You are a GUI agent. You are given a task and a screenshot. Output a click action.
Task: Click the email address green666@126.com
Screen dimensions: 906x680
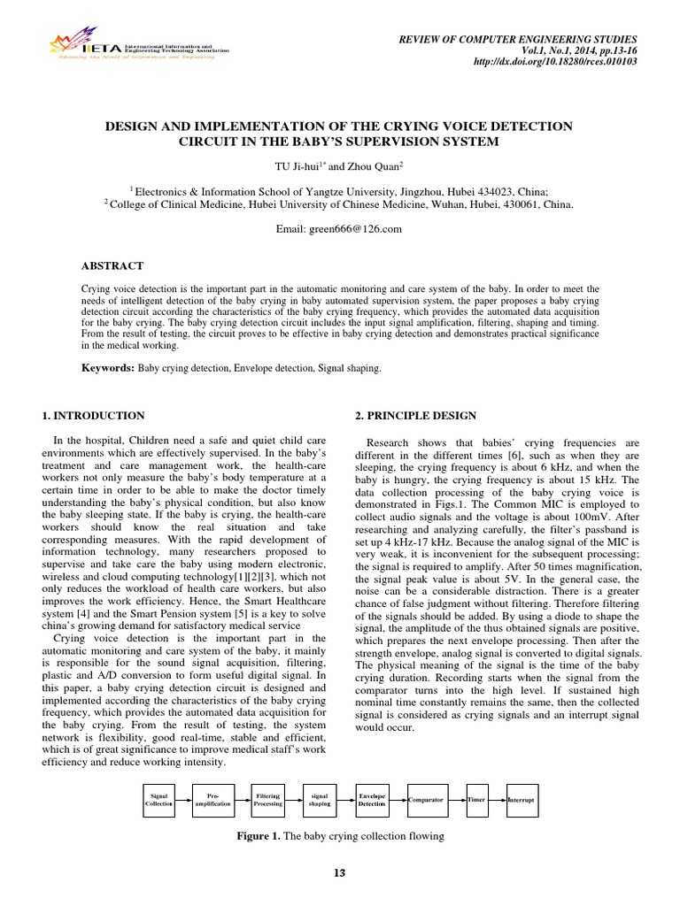point(339,229)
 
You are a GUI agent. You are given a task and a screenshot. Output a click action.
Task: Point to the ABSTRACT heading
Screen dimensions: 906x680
point(112,265)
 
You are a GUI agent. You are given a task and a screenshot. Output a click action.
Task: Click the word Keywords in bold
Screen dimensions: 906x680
point(108,365)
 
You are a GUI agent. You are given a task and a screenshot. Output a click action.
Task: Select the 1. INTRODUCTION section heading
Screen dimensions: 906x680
point(94,415)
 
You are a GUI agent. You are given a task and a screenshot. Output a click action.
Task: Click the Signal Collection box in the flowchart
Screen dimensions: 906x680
point(159,799)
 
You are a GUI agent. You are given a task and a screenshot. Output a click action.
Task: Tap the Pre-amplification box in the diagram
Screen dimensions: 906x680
point(212,799)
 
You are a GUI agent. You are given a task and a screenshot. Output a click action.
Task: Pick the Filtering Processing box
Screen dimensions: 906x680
point(267,799)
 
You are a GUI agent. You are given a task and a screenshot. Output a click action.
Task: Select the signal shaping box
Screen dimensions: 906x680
point(320,799)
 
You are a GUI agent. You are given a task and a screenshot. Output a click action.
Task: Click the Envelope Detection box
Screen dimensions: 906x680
point(372,799)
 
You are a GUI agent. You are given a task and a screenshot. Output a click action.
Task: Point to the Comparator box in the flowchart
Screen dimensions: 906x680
point(425,799)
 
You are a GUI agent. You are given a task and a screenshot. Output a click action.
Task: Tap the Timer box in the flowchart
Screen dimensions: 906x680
point(477,799)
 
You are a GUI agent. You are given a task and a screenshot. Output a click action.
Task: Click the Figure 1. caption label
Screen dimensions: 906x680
point(256,835)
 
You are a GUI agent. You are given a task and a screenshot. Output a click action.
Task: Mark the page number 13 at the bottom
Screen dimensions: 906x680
point(338,873)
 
